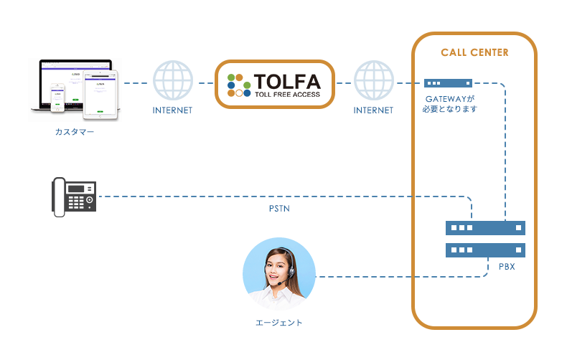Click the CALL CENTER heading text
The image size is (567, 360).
[x=474, y=53]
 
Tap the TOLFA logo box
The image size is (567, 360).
[x=276, y=84]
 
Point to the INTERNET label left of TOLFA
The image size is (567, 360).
[x=173, y=111]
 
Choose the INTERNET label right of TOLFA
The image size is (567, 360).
[x=373, y=111]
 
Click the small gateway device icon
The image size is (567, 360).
[x=448, y=83]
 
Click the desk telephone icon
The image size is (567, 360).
[x=74, y=196]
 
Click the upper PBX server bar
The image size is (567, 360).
[x=485, y=228]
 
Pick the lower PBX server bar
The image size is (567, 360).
[x=485, y=250]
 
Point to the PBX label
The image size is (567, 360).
[x=507, y=267]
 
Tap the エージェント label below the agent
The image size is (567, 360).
[x=279, y=323]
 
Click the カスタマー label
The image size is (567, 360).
[x=75, y=132]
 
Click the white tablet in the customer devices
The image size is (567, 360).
[x=101, y=95]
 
